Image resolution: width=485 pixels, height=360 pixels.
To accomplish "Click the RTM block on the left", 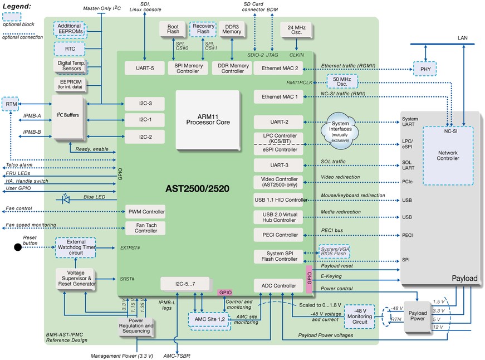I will point(11,104).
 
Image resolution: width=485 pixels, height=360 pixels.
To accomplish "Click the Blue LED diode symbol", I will point(66,197).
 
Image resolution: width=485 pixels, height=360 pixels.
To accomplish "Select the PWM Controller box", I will point(146,212).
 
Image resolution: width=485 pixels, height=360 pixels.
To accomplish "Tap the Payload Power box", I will point(417,317).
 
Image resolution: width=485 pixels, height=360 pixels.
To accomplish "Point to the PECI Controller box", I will point(278,235).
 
